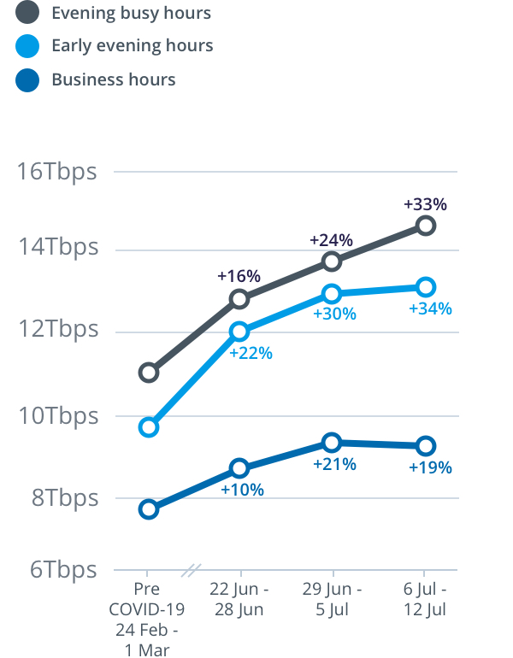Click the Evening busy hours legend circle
(27, 13)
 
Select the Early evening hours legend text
(133, 45)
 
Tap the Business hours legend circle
(27, 80)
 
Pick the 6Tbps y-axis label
(63, 569)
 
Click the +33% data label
(425, 204)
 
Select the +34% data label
(430, 308)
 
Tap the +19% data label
(430, 467)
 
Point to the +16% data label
(239, 276)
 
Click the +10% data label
(242, 490)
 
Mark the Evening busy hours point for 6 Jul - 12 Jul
(426, 226)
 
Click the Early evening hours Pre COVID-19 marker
(149, 426)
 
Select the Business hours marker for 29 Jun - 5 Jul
(332, 442)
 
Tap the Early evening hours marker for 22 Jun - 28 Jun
(239, 332)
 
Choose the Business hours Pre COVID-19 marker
(149, 509)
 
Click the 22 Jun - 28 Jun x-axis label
(239, 599)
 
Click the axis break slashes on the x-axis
(194, 569)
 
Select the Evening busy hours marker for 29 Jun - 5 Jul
(332, 261)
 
